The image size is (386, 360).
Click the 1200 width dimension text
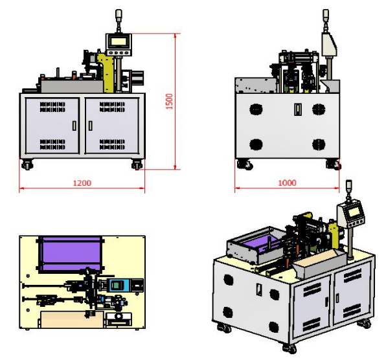(82, 183)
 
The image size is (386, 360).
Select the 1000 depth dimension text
(287, 183)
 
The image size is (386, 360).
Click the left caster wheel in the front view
(27, 164)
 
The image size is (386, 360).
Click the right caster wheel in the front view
(137, 164)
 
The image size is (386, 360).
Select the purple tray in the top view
(71, 251)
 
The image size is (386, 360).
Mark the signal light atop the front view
(119, 16)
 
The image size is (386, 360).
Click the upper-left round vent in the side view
(256, 109)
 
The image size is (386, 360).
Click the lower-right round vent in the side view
(317, 144)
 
